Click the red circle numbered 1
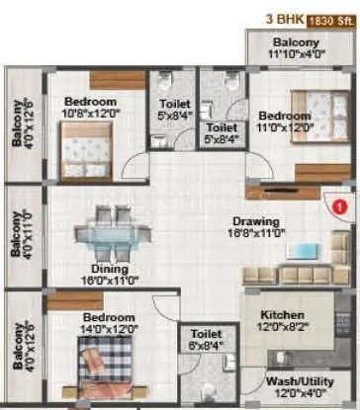point(338,207)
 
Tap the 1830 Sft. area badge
point(331,19)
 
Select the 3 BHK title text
point(283,19)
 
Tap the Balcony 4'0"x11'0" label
point(20,233)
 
